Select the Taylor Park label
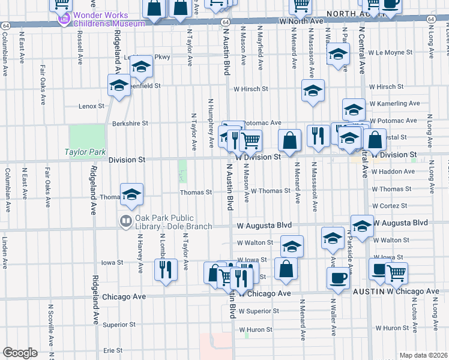85,152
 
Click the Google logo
20,352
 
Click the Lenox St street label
91,106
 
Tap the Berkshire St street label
130,124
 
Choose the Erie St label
112,350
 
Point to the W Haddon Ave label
391,172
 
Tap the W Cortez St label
391,206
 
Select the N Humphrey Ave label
211,123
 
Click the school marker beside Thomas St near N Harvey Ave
131,194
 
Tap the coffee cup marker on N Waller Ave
338,278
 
